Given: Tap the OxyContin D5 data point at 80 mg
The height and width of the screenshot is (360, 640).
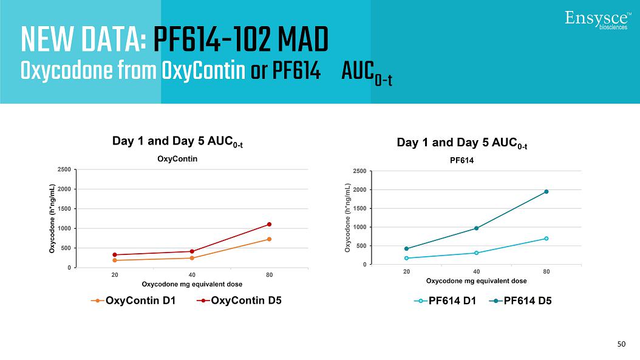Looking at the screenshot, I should tap(269, 224).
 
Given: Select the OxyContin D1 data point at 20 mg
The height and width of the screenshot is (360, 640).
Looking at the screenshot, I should tap(114, 260).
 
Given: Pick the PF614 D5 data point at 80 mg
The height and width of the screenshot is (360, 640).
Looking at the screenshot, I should tap(546, 192).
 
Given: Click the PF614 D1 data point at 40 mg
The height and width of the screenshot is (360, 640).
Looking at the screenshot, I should tap(477, 253).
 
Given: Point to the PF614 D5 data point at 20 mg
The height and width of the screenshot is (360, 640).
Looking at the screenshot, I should tap(406, 248).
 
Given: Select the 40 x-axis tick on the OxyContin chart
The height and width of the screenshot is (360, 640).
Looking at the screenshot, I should tap(192, 275).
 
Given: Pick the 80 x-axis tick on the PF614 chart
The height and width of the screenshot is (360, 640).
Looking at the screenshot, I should tap(546, 271).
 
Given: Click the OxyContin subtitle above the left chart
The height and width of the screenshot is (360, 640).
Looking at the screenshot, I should tap(178, 159).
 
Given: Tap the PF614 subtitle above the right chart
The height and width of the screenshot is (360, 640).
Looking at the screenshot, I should tap(461, 161).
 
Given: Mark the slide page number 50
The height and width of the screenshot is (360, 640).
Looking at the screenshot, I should tap(621, 344).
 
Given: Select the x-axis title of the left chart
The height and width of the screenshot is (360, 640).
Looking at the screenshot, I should tap(192, 284).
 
